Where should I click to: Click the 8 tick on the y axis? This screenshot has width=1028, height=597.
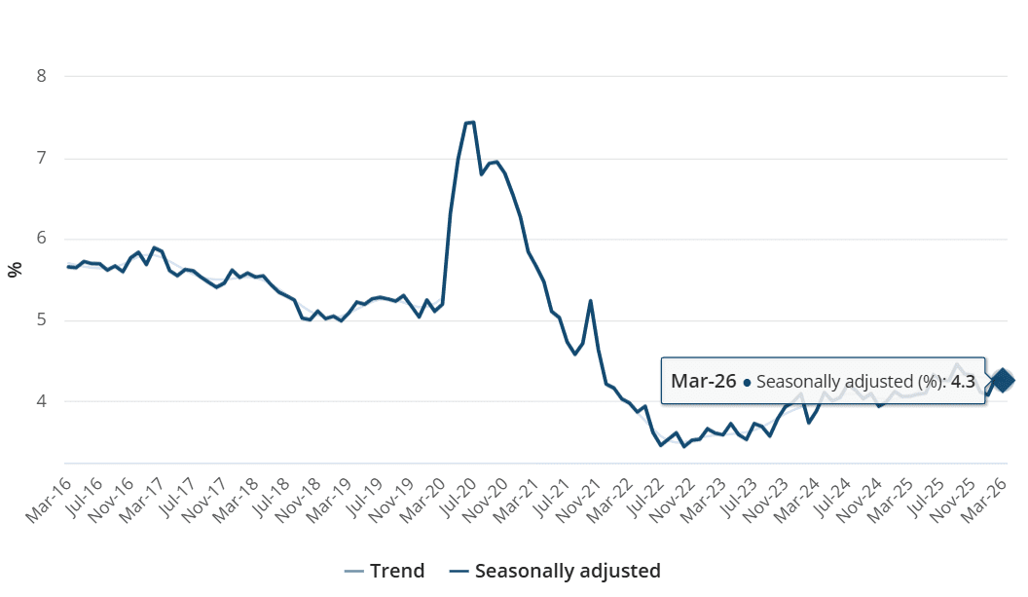click(x=42, y=76)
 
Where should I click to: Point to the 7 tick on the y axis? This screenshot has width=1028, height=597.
click(x=42, y=158)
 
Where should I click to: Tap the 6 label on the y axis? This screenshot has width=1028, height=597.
click(x=42, y=240)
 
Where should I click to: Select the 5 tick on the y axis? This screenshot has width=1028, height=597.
click(x=42, y=320)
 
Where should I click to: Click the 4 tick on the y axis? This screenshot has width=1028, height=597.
click(x=42, y=401)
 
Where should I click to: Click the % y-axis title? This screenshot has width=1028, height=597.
click(x=15, y=270)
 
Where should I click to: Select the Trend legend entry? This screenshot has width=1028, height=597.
click(x=385, y=571)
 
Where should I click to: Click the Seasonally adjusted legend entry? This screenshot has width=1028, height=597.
click(x=555, y=571)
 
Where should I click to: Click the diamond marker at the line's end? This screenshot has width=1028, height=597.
click(x=1002, y=380)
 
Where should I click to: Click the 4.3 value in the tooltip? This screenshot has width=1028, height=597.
click(x=961, y=381)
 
